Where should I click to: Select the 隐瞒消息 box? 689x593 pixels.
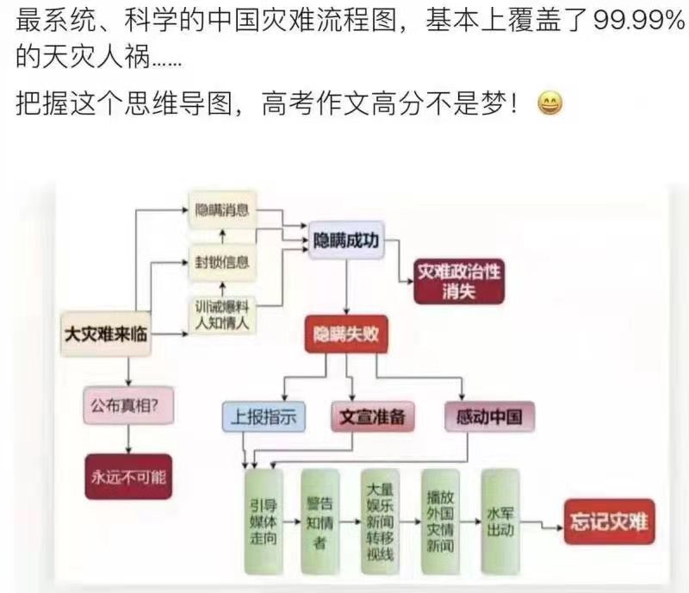[223, 211]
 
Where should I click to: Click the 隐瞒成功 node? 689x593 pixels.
[344, 238]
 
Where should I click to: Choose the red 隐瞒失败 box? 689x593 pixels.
[345, 336]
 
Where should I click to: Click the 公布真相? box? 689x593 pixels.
[126, 403]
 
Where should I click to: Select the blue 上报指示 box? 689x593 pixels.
[264, 416]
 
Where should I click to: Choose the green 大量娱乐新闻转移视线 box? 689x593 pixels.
[380, 521]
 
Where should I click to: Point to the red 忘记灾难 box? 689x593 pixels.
[609, 521]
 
